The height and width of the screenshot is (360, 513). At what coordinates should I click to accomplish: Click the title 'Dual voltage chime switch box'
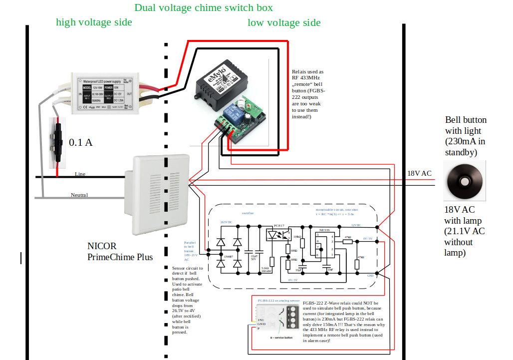pos(204,8)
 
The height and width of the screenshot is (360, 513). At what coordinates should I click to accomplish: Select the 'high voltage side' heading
pos(94,22)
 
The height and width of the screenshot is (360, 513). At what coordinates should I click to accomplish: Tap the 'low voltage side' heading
pos(284,23)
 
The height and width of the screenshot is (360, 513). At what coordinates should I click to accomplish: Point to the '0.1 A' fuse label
pos(81,143)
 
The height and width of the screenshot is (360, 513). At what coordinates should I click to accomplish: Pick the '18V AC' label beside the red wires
pos(419,174)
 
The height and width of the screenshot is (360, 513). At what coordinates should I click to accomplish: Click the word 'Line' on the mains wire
pos(80,174)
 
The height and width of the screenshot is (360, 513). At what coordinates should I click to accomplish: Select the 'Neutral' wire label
pos(79,195)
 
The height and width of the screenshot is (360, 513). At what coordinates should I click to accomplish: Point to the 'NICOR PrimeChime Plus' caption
pos(120,252)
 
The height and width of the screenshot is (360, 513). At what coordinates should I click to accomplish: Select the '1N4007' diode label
pos(228,257)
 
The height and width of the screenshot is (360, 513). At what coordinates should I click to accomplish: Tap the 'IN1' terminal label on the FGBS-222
pos(260,319)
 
